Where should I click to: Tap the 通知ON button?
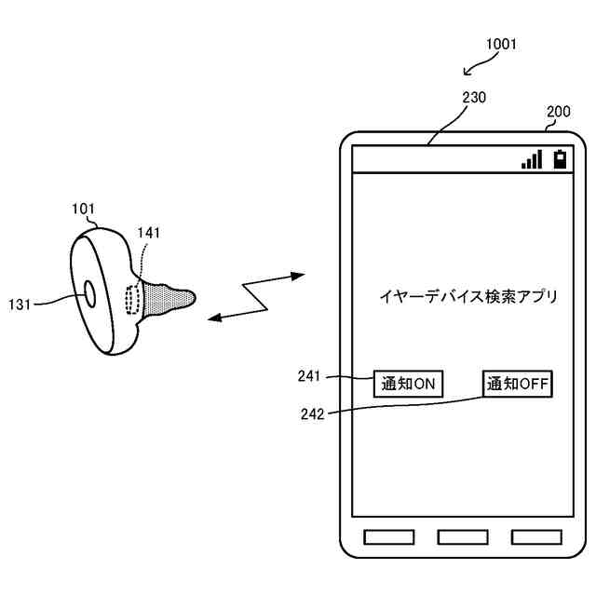coord(408,383)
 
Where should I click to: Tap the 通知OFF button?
coord(518,383)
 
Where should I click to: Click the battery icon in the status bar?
coord(559,158)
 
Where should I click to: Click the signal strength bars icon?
coord(532,160)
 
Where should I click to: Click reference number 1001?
coord(501,43)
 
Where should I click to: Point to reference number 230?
coord(473,96)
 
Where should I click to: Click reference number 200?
coord(559,112)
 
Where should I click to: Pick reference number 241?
coord(309,376)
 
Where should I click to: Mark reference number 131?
coord(21,304)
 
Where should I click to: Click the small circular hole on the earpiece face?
coord(89,292)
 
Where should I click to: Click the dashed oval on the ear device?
coord(132,300)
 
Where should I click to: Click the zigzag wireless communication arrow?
coord(256,296)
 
